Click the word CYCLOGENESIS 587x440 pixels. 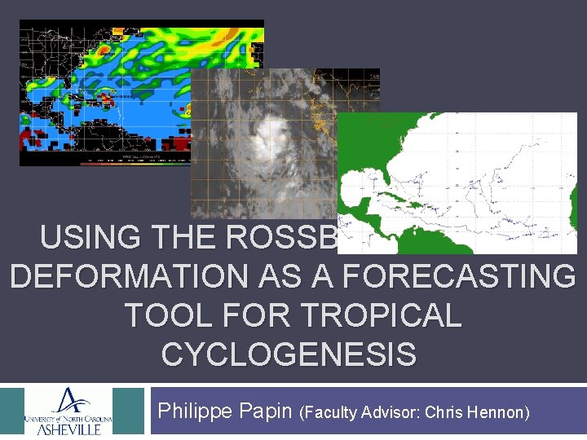coord(289,354)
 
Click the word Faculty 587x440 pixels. coord(333,413)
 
